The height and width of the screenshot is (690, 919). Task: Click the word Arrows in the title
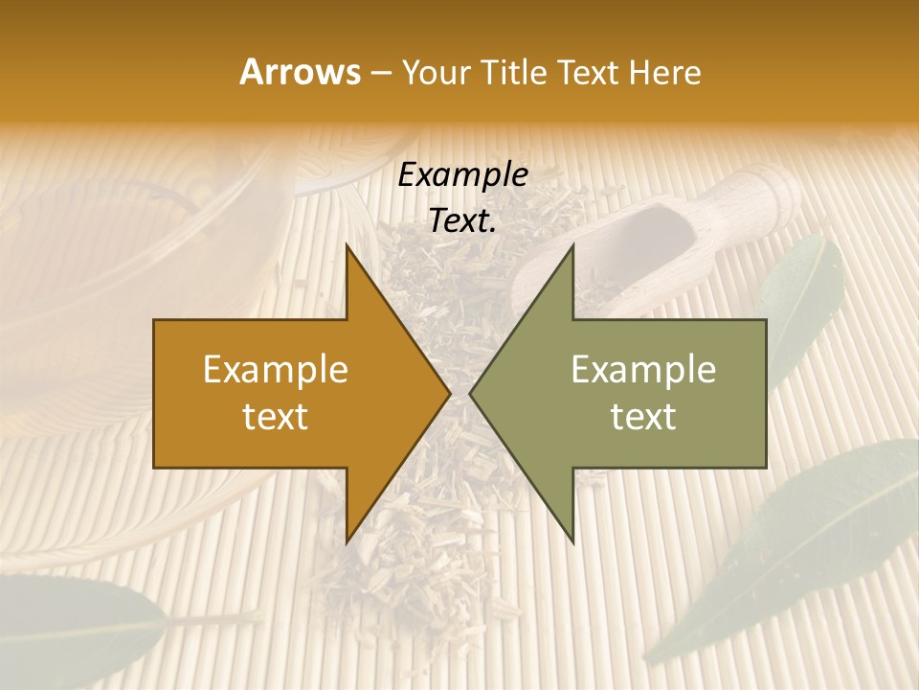299,72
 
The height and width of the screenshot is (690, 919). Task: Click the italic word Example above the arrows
462,175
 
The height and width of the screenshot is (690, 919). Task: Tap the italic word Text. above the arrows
462,220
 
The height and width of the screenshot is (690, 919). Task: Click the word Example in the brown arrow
275,370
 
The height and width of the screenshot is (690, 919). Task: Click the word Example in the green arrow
643,370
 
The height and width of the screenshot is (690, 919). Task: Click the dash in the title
380,73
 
